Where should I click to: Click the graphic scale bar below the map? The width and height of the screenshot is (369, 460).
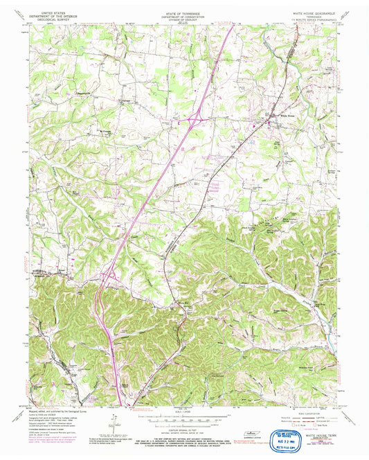pyautogui.click(x=184, y=416)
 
